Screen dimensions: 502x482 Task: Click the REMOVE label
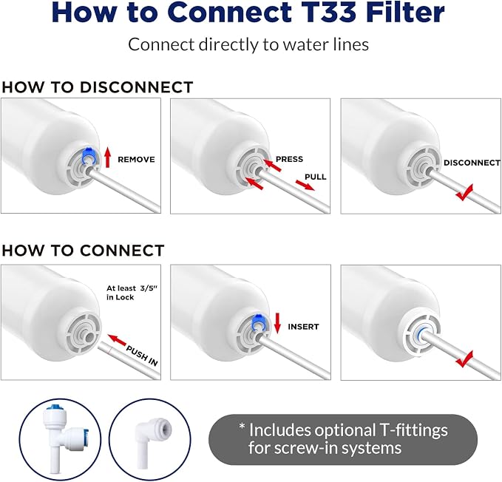[x=136, y=160]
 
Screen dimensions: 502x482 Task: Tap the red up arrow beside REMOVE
[x=108, y=157]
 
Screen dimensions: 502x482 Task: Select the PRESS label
[x=289, y=159]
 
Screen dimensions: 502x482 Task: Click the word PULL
[x=316, y=177]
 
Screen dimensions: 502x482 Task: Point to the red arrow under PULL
[x=305, y=185]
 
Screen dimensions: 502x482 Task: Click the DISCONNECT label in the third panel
[x=472, y=163]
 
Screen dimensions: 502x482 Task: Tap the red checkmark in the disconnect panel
[x=464, y=192]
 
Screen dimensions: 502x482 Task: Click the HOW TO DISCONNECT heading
[x=98, y=87]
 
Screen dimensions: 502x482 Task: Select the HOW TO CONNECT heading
[x=83, y=251]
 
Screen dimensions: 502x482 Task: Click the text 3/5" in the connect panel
[x=149, y=288]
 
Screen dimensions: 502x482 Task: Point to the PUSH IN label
[x=142, y=356]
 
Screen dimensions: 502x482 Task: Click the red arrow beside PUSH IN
[x=117, y=340]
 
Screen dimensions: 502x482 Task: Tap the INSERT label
[x=303, y=327]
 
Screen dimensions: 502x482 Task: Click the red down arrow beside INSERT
[x=277, y=322]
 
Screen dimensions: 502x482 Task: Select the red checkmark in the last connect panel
[x=464, y=359]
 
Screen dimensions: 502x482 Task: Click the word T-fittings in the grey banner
[x=413, y=430]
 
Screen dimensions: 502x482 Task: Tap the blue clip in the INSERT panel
[x=257, y=322]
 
